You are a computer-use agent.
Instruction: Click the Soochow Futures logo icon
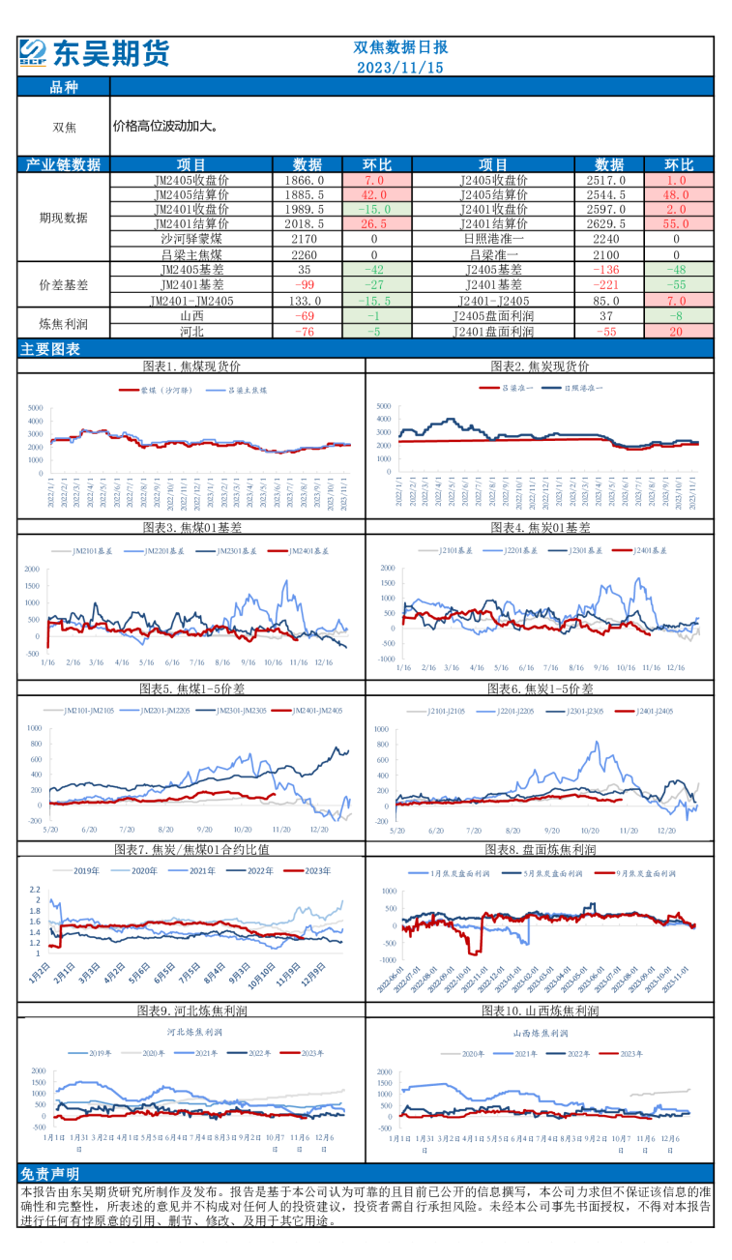click(32, 53)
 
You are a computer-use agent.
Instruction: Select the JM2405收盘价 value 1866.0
click(306, 180)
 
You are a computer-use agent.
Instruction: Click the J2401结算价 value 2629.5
click(606, 223)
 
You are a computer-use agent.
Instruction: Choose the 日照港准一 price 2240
click(606, 238)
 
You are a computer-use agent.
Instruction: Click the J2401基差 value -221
click(606, 284)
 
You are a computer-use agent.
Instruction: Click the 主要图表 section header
click(50, 349)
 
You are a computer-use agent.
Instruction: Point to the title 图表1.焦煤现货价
click(191, 366)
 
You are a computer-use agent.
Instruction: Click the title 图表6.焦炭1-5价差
click(541, 689)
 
